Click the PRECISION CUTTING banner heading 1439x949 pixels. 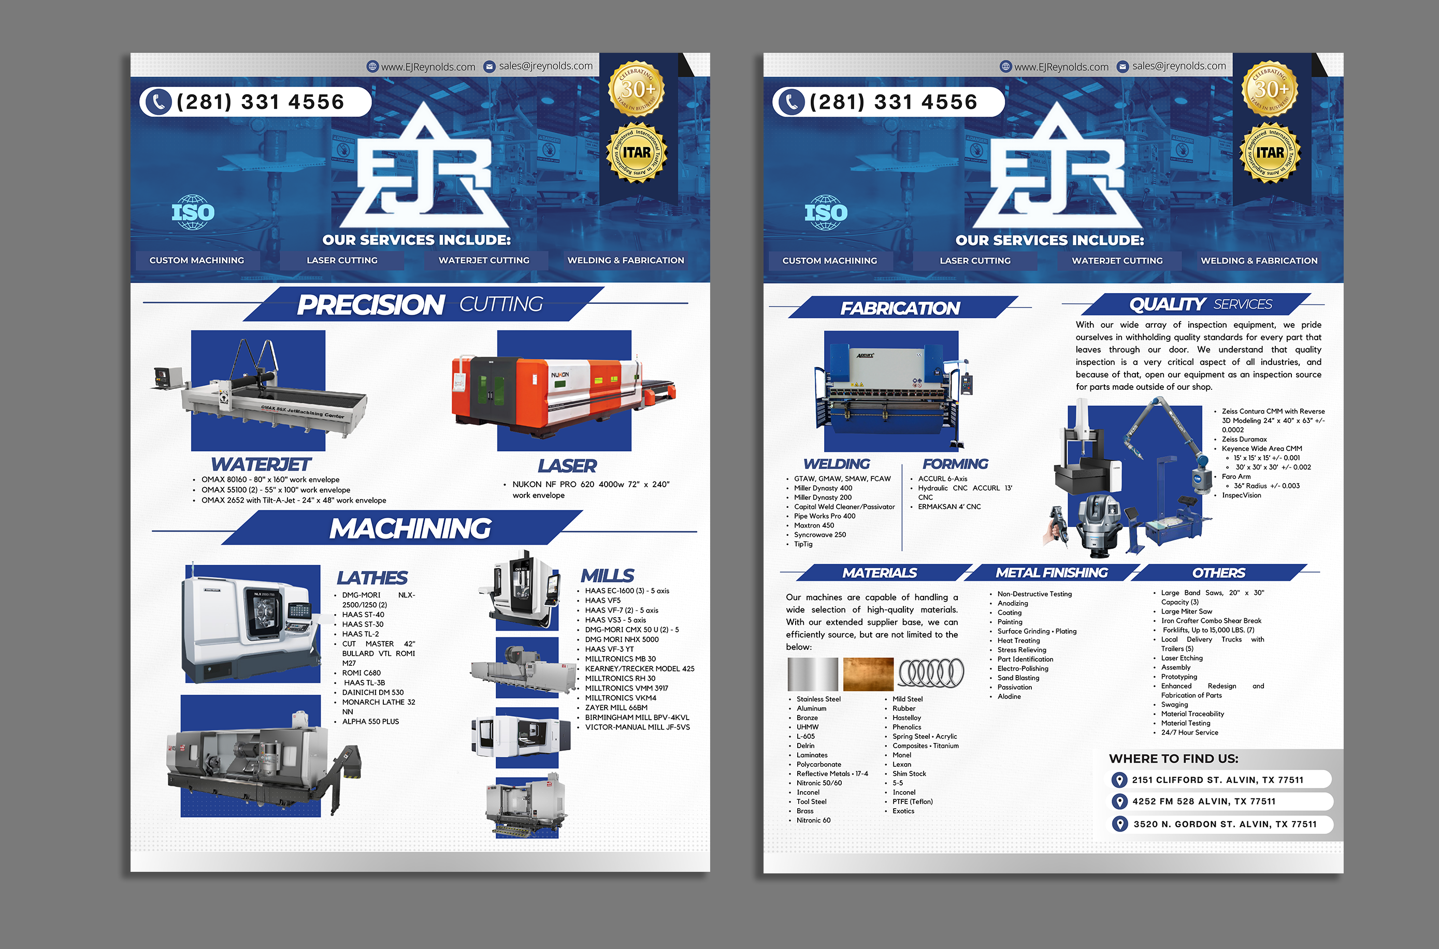click(x=420, y=304)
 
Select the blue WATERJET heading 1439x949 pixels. click(x=261, y=464)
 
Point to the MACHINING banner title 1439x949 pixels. click(x=410, y=529)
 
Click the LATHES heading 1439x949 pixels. click(x=372, y=578)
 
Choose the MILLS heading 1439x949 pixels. click(x=608, y=576)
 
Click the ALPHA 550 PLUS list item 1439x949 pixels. click(x=370, y=721)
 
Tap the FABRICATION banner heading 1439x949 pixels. click(x=900, y=308)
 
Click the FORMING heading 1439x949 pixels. click(x=955, y=464)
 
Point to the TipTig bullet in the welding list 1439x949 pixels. click(x=803, y=544)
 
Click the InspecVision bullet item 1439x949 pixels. click(x=1241, y=495)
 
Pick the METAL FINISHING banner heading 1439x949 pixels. click(x=1052, y=573)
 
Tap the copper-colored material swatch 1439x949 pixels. click(x=868, y=674)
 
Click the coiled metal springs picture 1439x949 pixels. click(x=931, y=673)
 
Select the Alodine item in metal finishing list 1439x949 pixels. click(x=1009, y=697)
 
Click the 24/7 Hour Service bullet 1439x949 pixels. click(x=1189, y=732)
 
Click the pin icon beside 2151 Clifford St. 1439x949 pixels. click(x=1119, y=780)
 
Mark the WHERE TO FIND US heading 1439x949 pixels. click(x=1173, y=759)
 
